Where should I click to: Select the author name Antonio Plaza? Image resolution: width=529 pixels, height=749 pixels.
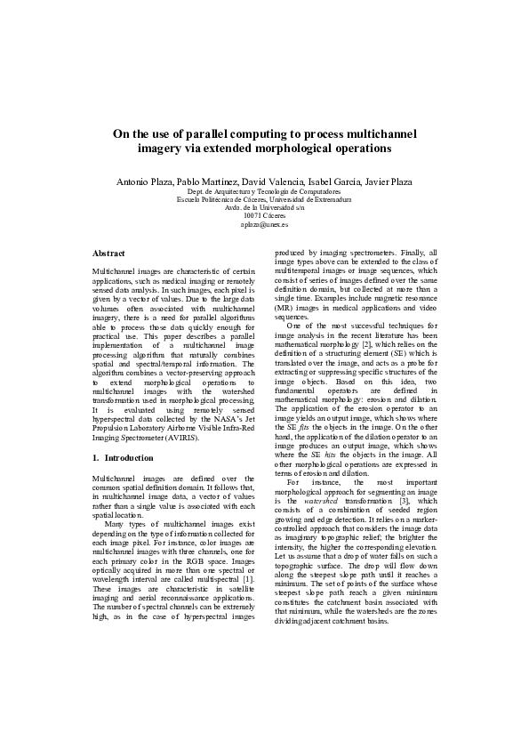(145, 181)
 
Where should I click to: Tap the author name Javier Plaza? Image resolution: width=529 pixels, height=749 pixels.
(389, 181)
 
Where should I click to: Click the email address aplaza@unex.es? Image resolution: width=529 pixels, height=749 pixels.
(264, 224)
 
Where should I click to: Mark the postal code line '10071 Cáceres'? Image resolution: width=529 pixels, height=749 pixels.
(264, 215)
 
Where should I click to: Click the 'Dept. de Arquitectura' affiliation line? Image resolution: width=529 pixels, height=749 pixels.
(264, 191)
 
